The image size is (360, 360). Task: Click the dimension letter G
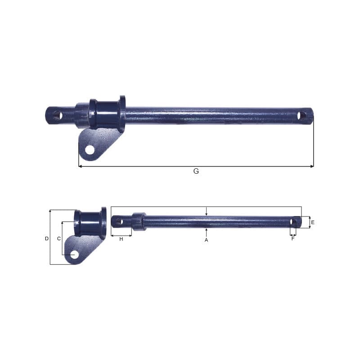click(196, 171)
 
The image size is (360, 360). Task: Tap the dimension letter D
click(47, 239)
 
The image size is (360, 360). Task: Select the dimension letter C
click(59, 239)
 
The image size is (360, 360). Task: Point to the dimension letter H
click(121, 239)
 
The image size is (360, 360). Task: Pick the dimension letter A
click(206, 240)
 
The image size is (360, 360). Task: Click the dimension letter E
click(312, 222)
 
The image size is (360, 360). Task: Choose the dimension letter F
click(293, 239)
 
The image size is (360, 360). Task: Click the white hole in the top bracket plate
click(90, 150)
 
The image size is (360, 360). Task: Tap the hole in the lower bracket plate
click(74, 255)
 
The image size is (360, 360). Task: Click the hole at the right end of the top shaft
click(302, 116)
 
